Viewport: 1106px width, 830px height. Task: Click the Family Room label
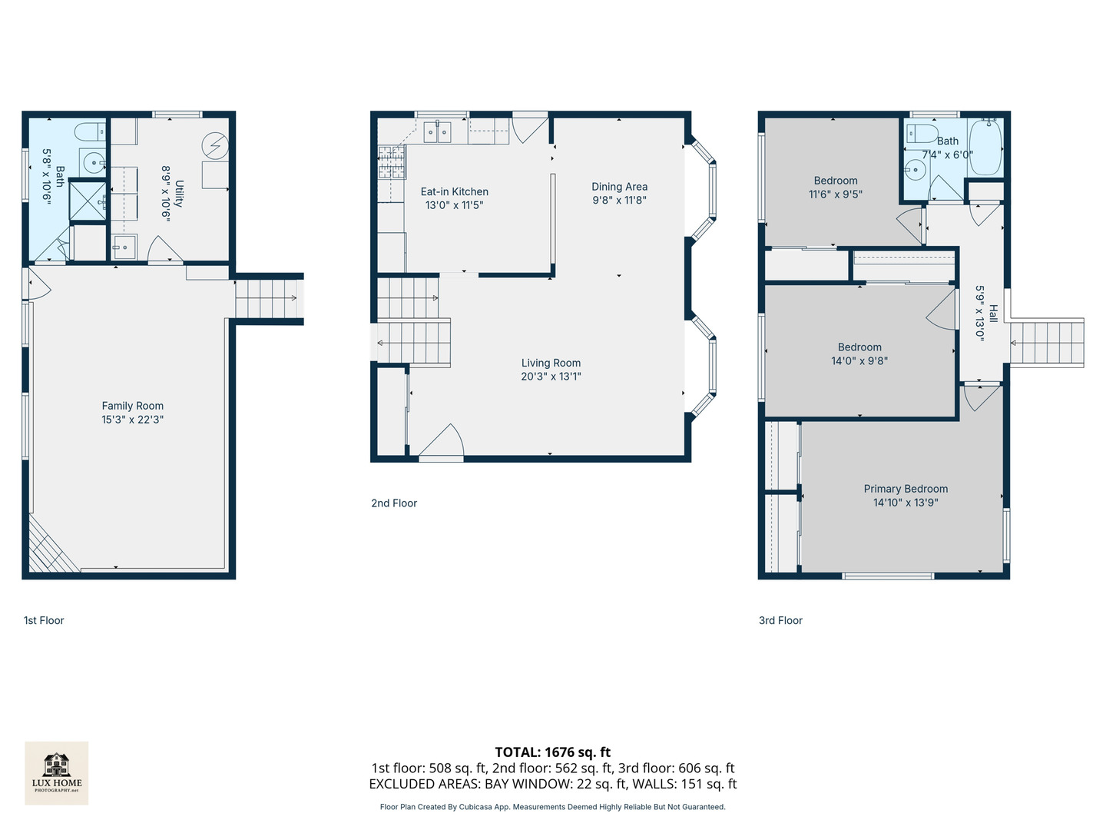pos(133,406)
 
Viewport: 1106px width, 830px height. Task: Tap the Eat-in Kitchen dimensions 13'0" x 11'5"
pos(454,205)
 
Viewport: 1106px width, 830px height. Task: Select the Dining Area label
pos(619,187)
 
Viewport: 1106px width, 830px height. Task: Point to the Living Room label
pos(551,363)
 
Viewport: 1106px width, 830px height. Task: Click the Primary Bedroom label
pos(906,489)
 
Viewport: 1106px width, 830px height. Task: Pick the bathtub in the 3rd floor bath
pos(985,147)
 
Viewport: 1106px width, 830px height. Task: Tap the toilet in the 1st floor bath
pos(90,132)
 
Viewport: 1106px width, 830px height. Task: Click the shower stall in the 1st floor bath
pos(88,201)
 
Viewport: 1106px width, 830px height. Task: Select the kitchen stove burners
pos(392,161)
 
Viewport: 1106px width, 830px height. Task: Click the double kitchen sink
pos(437,132)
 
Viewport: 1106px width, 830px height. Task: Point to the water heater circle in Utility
pos(215,146)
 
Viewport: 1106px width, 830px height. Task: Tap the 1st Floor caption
pos(44,620)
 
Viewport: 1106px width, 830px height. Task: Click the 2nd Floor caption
pos(394,503)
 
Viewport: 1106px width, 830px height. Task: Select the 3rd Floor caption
pos(780,620)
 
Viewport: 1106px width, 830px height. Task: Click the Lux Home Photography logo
pos(56,773)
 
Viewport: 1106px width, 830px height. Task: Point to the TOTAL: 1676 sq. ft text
pos(553,752)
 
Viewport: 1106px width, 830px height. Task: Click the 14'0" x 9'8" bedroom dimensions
pos(859,361)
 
